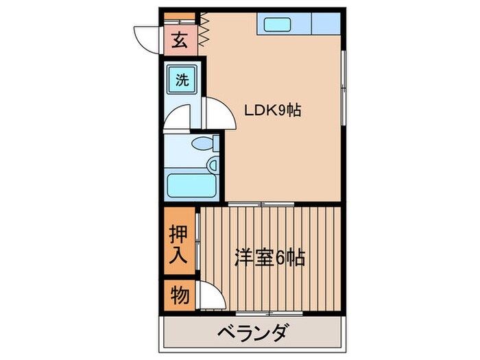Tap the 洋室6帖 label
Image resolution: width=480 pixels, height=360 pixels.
(x=269, y=259)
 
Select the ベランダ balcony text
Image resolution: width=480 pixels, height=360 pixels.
(x=252, y=334)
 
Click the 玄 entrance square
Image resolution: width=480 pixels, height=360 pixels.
(x=179, y=40)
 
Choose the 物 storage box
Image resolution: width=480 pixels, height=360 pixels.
(x=179, y=296)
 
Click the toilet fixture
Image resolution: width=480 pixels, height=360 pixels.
(x=203, y=144)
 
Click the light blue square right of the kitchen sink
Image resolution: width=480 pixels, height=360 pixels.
(x=326, y=24)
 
